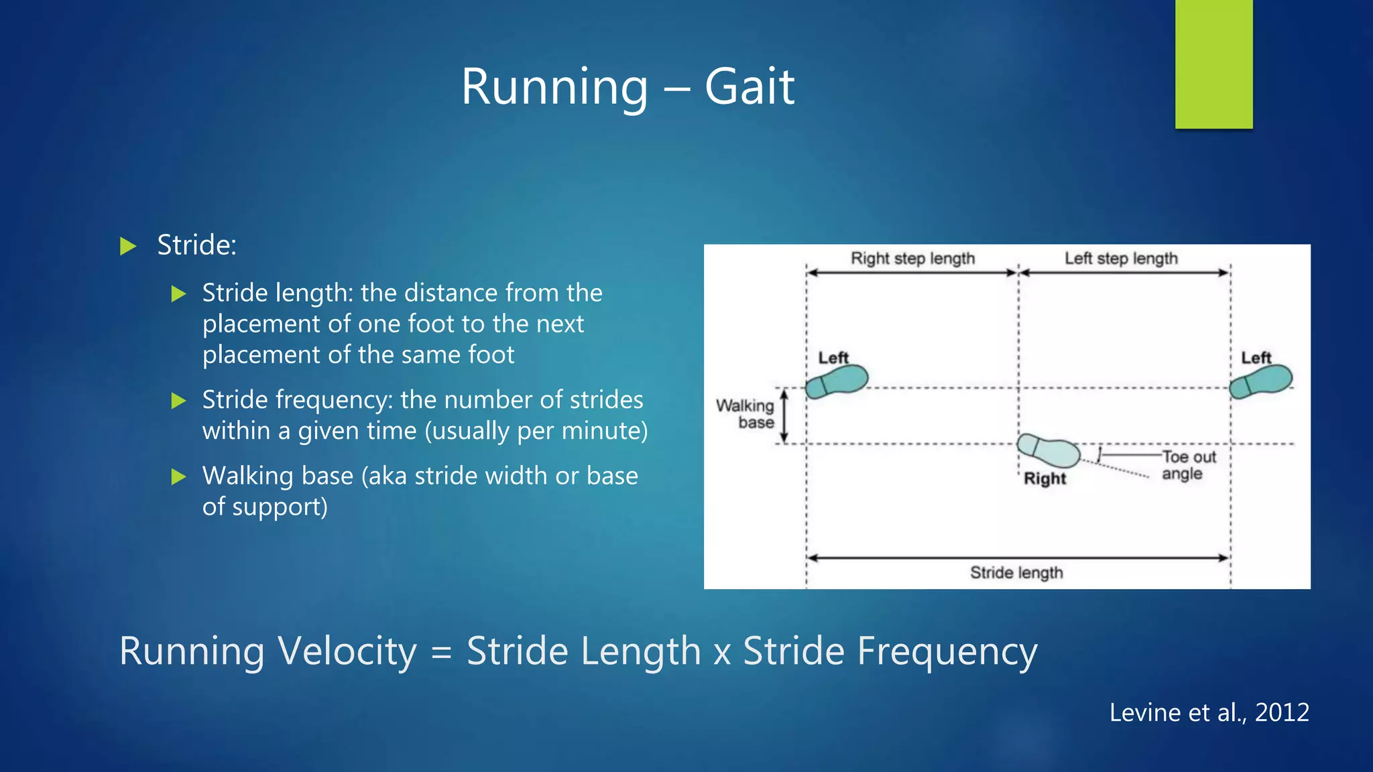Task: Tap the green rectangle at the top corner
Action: (x=1213, y=64)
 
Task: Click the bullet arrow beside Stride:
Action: (x=127, y=246)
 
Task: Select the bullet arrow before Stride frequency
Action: (x=178, y=401)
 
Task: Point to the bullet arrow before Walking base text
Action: (x=178, y=476)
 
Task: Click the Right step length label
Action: (x=912, y=259)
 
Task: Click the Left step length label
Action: (x=1121, y=259)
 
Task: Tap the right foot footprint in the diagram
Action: (x=1048, y=450)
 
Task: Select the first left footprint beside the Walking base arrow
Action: (x=837, y=381)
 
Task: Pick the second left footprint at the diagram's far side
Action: (x=1260, y=381)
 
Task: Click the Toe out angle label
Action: (x=1188, y=465)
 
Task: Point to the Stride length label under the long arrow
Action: (x=1016, y=573)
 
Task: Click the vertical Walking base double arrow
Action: (x=784, y=417)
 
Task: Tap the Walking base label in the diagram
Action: (x=745, y=414)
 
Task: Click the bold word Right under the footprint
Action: (x=1044, y=478)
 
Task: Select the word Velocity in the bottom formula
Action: (x=347, y=651)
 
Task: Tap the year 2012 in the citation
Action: (x=1281, y=712)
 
